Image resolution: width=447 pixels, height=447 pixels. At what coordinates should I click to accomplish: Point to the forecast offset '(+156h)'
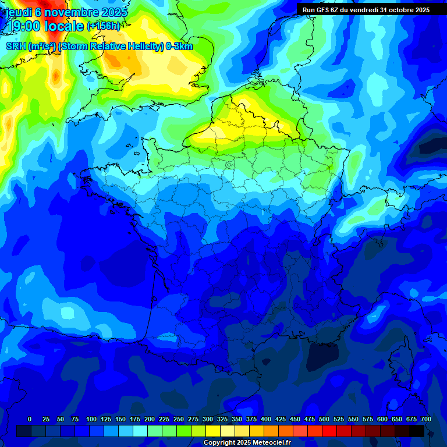pos(103,26)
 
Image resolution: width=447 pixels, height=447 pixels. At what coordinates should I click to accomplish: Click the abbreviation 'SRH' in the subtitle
pos(16,47)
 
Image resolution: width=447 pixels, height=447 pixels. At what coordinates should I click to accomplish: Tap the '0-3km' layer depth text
pos(179,47)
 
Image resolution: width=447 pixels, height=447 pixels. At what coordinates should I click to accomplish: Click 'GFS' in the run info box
pos(324,10)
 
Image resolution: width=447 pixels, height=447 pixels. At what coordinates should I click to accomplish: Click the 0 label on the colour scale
pos(30,419)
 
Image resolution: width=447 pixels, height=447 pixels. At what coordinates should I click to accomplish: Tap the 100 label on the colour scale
pos(91,419)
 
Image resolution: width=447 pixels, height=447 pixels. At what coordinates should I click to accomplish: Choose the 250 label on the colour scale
pos(179,419)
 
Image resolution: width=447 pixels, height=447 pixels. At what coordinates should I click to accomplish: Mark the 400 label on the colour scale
pos(266,419)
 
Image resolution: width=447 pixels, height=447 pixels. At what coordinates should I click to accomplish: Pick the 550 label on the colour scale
pos(353,419)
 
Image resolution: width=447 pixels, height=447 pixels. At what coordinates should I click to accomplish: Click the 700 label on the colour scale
pos(425,419)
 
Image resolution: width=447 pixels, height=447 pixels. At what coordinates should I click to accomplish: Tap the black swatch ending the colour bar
pos(417,431)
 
